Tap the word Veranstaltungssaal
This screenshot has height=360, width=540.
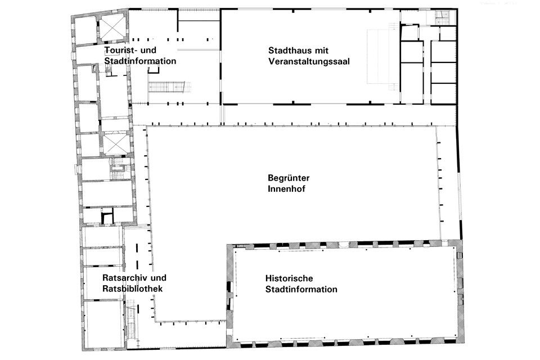(309, 61)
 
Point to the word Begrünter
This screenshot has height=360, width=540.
(289, 178)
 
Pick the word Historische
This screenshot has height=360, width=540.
(288, 279)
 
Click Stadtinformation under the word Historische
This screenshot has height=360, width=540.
(301, 290)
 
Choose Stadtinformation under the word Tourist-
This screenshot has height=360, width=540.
(141, 61)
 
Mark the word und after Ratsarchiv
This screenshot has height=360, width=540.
(160, 278)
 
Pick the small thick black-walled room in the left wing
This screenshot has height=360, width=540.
(107, 216)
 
